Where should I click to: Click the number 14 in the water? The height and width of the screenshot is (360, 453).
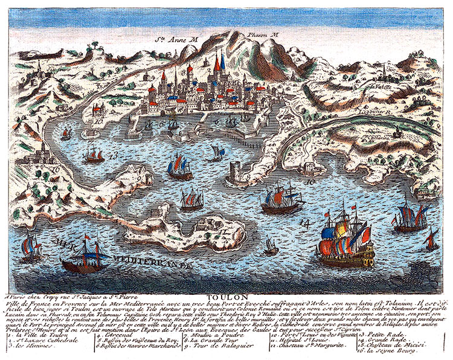[305, 223]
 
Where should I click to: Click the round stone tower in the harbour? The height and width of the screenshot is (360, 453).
[237, 175]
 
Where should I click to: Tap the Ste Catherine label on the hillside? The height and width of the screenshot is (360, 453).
[378, 137]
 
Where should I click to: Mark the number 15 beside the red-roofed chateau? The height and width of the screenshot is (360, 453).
[98, 121]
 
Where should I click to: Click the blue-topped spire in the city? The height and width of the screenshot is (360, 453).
[223, 62]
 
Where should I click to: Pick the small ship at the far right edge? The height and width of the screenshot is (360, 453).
[431, 240]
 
